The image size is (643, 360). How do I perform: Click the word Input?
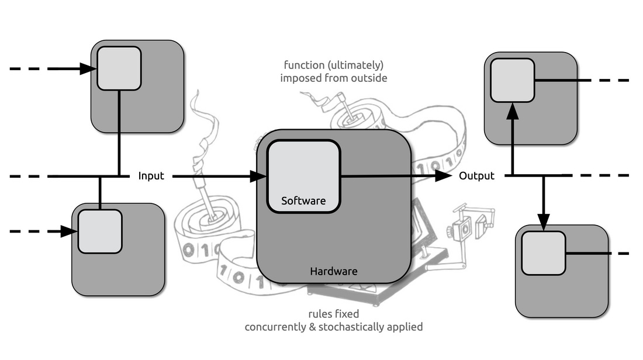[x=151, y=176]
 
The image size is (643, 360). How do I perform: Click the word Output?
[x=476, y=176]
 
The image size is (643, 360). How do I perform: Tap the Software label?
[x=303, y=200]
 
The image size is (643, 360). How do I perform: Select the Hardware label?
[x=334, y=271]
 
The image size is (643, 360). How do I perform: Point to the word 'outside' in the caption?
[x=370, y=78]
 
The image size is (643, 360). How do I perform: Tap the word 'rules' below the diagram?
[x=318, y=314]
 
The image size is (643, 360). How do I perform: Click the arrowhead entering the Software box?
[x=259, y=176]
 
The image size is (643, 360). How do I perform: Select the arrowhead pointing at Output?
[x=443, y=176]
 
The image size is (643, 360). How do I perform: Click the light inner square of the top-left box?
[x=119, y=68]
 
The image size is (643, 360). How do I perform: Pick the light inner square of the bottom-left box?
[x=100, y=231]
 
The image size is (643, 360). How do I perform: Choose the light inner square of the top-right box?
[x=513, y=81]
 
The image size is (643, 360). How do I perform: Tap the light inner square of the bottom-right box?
[x=544, y=253]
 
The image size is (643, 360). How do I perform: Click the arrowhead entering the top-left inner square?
[x=88, y=68]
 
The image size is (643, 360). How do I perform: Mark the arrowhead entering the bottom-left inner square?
[x=70, y=231]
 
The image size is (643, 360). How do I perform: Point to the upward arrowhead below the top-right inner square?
[x=513, y=111]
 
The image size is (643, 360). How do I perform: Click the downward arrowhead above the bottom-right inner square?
[x=544, y=222]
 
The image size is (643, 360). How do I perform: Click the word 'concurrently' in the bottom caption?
[x=273, y=327]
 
